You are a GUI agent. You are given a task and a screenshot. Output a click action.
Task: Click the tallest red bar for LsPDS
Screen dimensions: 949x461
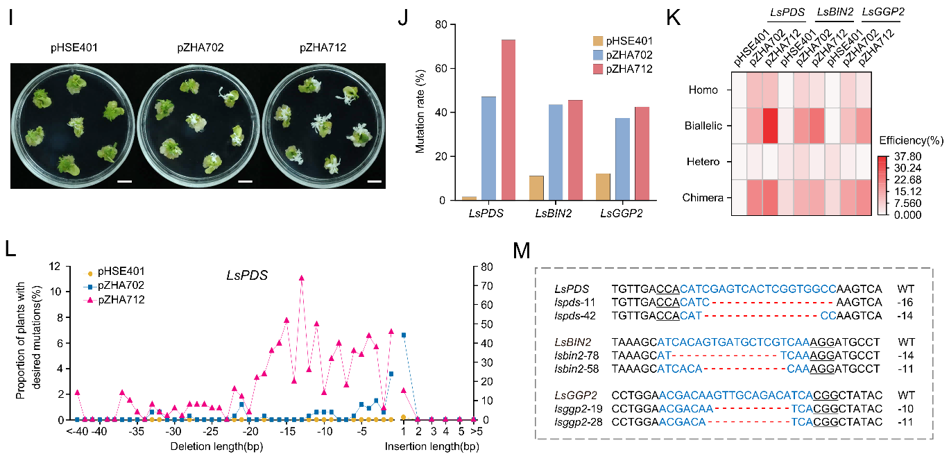point(508,119)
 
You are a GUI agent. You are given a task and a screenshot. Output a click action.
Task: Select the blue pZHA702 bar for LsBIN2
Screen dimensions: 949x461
point(556,152)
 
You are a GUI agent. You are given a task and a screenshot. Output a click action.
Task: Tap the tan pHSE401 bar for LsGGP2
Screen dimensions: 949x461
point(603,187)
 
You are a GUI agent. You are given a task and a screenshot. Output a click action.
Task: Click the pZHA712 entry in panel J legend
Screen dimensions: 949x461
point(623,69)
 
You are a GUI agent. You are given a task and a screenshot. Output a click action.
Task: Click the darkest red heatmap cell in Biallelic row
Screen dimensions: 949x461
point(770,126)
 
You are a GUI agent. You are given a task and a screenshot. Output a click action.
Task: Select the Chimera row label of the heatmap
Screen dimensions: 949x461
point(703,198)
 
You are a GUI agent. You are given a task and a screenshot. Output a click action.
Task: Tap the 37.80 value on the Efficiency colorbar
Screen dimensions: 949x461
point(908,156)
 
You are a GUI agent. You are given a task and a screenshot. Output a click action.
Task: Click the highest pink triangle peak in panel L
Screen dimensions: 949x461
point(302,278)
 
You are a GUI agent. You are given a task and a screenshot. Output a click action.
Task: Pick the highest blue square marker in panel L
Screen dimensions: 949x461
point(404,335)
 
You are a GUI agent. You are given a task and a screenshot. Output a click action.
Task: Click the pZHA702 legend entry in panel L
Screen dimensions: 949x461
point(114,285)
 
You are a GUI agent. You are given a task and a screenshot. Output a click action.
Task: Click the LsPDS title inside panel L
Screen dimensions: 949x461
point(247,275)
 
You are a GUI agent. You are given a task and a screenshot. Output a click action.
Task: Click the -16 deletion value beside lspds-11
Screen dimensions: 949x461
point(905,303)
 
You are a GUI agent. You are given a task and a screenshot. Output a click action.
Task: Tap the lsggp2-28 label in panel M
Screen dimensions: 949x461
point(579,422)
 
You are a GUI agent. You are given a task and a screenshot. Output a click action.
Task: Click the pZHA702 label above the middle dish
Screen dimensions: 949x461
point(200,47)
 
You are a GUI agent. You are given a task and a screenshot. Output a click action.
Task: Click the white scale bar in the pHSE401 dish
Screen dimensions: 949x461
point(125,181)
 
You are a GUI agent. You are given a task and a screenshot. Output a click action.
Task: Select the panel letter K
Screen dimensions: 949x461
point(673,18)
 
